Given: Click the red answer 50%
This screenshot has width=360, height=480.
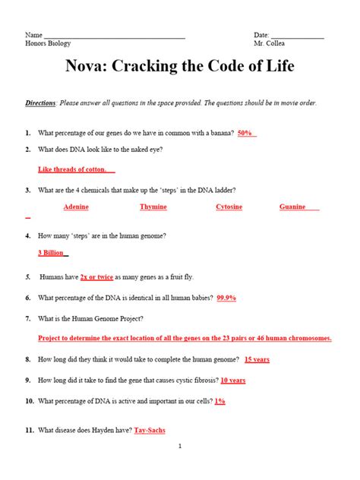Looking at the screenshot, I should [x=245, y=133].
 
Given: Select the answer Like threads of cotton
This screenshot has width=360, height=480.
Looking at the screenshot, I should [x=75, y=169].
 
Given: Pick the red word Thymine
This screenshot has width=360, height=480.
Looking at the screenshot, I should [x=153, y=207].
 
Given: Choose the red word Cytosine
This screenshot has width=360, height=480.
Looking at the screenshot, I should [x=229, y=207].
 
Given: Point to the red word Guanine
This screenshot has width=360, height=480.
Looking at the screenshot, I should [x=293, y=207].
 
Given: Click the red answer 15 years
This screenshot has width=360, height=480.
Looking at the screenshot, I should [x=257, y=359].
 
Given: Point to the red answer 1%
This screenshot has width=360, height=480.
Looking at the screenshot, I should [x=219, y=400].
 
